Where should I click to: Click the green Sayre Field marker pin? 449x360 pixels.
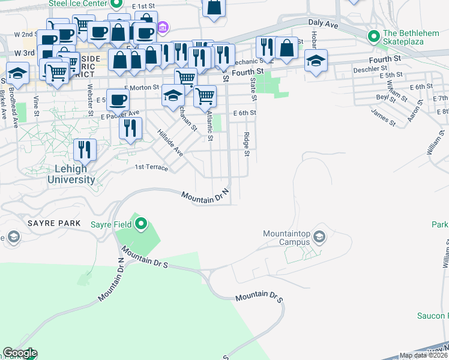pos(141,224)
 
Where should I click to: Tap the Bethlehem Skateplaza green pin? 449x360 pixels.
pos(374,37)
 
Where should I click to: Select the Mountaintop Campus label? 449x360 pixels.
pos(286,238)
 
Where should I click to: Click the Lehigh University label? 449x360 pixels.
pos(71,174)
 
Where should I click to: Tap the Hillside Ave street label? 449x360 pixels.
pos(170,143)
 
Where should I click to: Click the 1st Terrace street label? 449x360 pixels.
pos(151,167)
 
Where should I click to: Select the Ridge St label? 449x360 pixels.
pos(246,144)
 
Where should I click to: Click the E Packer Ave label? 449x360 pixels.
pos(119,113)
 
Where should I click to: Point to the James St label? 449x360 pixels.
pos(383,117)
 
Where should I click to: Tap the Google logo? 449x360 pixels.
pos(19,353)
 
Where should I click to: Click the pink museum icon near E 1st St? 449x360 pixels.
pos(163,28)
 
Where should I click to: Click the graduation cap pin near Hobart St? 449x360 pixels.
pos(316,61)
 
